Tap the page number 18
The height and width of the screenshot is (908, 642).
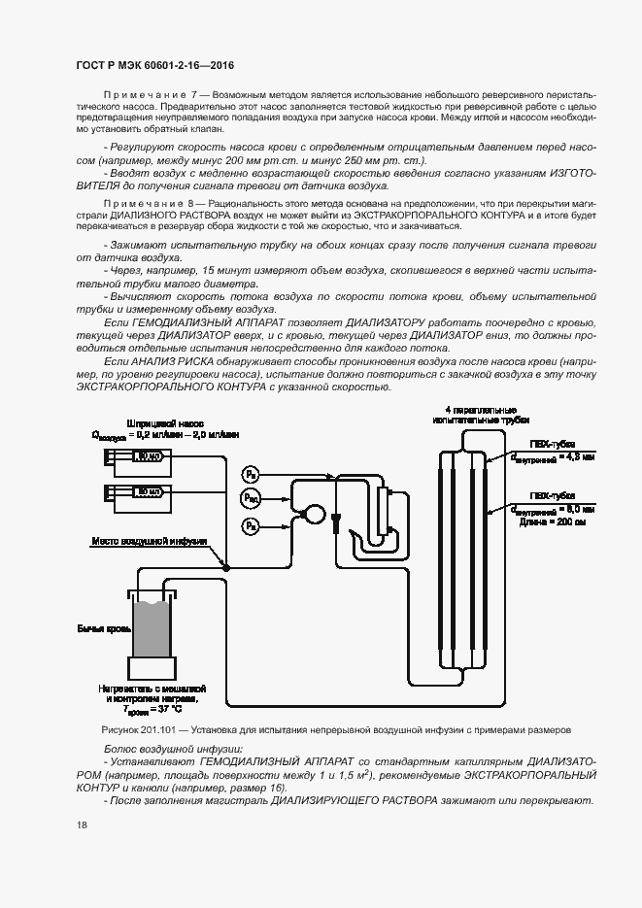pos(81,825)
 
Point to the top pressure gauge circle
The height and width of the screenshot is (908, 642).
pos(251,473)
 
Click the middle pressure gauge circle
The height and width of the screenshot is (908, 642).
pos(251,497)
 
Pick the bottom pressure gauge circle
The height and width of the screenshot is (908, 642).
pos(251,525)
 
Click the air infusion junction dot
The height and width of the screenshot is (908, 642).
pos(225,565)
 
